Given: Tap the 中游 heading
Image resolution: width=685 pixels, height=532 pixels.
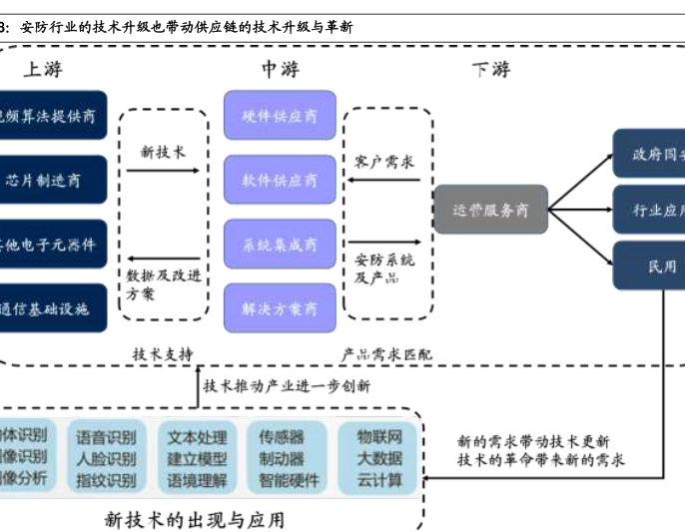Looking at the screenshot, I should [x=281, y=69].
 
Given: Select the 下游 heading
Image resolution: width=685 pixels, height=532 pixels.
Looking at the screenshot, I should [x=490, y=69].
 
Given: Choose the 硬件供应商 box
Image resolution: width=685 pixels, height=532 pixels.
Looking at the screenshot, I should [x=280, y=116].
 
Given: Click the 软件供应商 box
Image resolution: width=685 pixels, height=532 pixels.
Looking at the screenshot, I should [x=280, y=180].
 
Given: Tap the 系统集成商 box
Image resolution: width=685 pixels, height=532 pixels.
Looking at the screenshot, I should [x=280, y=245].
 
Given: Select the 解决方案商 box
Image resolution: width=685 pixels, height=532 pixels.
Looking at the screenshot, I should [x=280, y=308].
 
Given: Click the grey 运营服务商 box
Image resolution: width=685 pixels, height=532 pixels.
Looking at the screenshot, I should [x=490, y=211].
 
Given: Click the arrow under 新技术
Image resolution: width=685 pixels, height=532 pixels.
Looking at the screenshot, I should [x=163, y=174].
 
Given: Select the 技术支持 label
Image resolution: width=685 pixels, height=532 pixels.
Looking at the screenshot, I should [x=163, y=353].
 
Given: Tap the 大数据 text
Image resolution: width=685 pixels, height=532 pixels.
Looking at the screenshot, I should [x=379, y=458].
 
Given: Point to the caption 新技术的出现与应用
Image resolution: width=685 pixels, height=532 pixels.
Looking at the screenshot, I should [x=195, y=518].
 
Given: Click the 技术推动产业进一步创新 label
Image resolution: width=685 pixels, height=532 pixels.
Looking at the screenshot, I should [x=287, y=385].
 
